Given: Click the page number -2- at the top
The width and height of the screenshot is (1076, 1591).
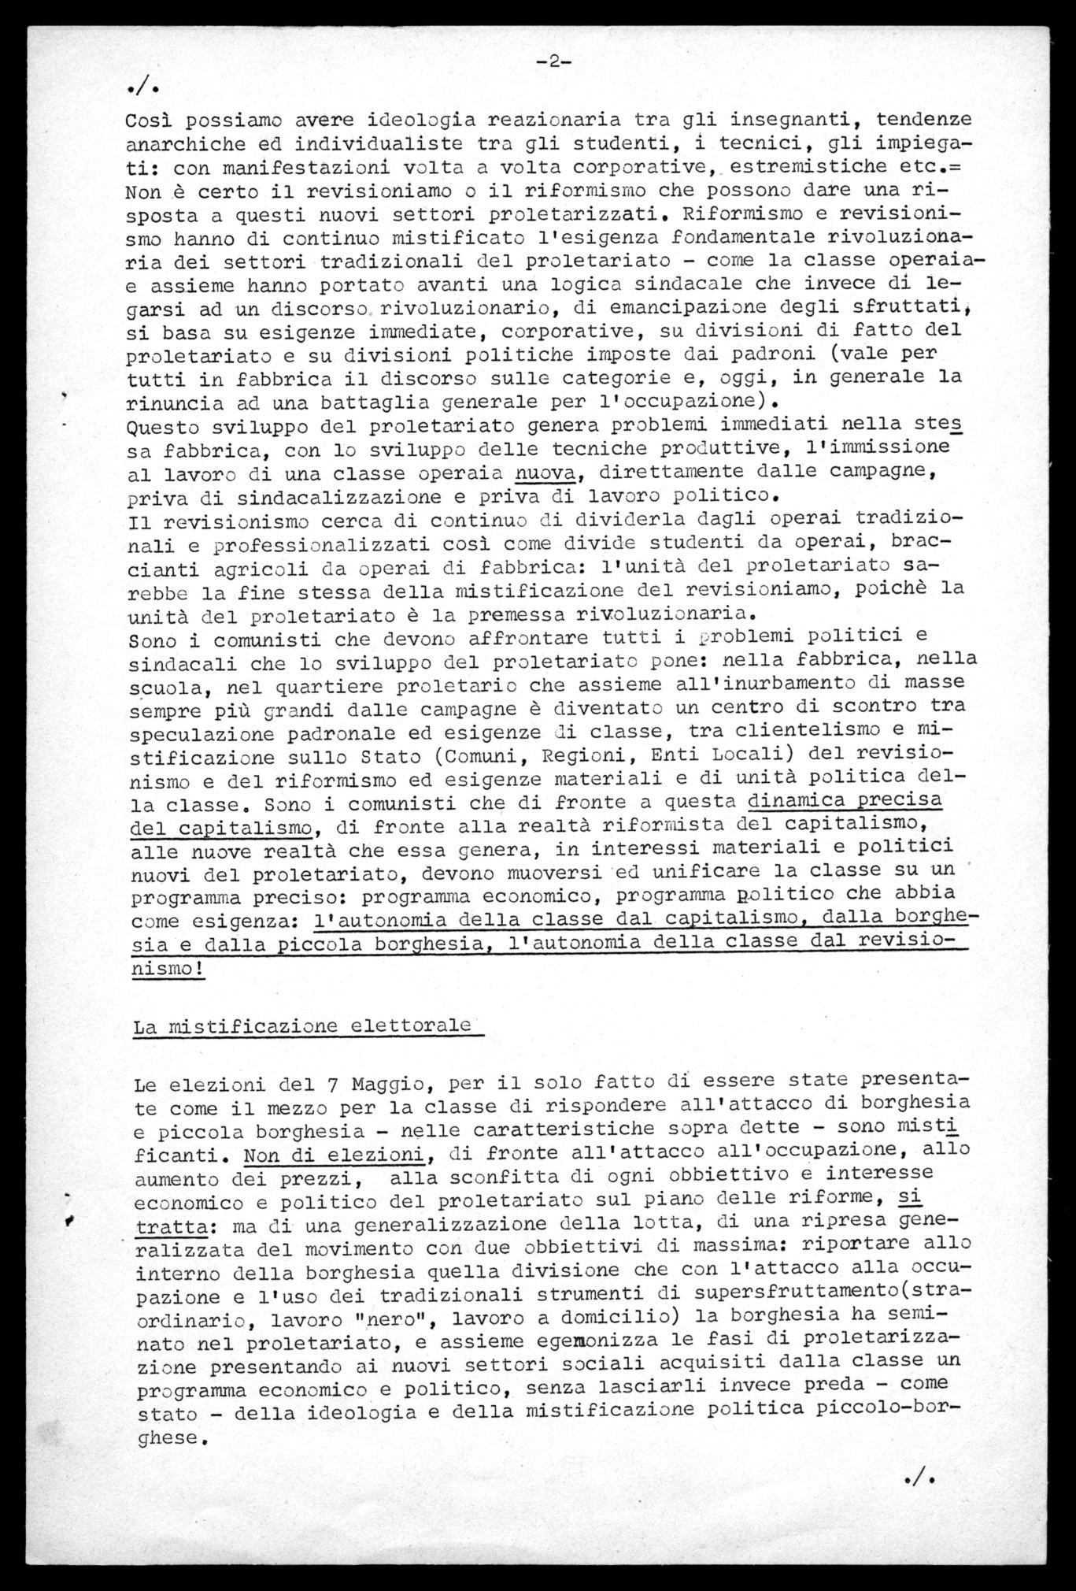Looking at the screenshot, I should [x=553, y=64].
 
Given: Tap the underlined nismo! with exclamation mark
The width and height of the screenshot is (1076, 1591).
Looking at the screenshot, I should [x=167, y=968].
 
